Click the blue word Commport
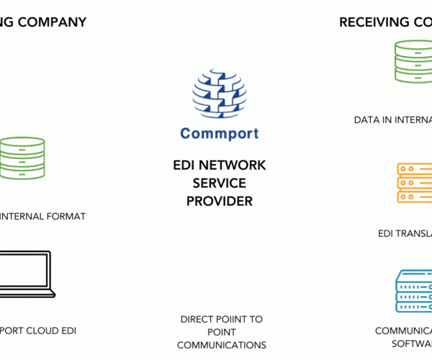point(219,133)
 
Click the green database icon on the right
point(414,61)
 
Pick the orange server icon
point(415,184)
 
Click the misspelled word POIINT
point(224,318)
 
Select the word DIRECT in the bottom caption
point(197,318)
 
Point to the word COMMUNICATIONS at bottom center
point(221,345)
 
